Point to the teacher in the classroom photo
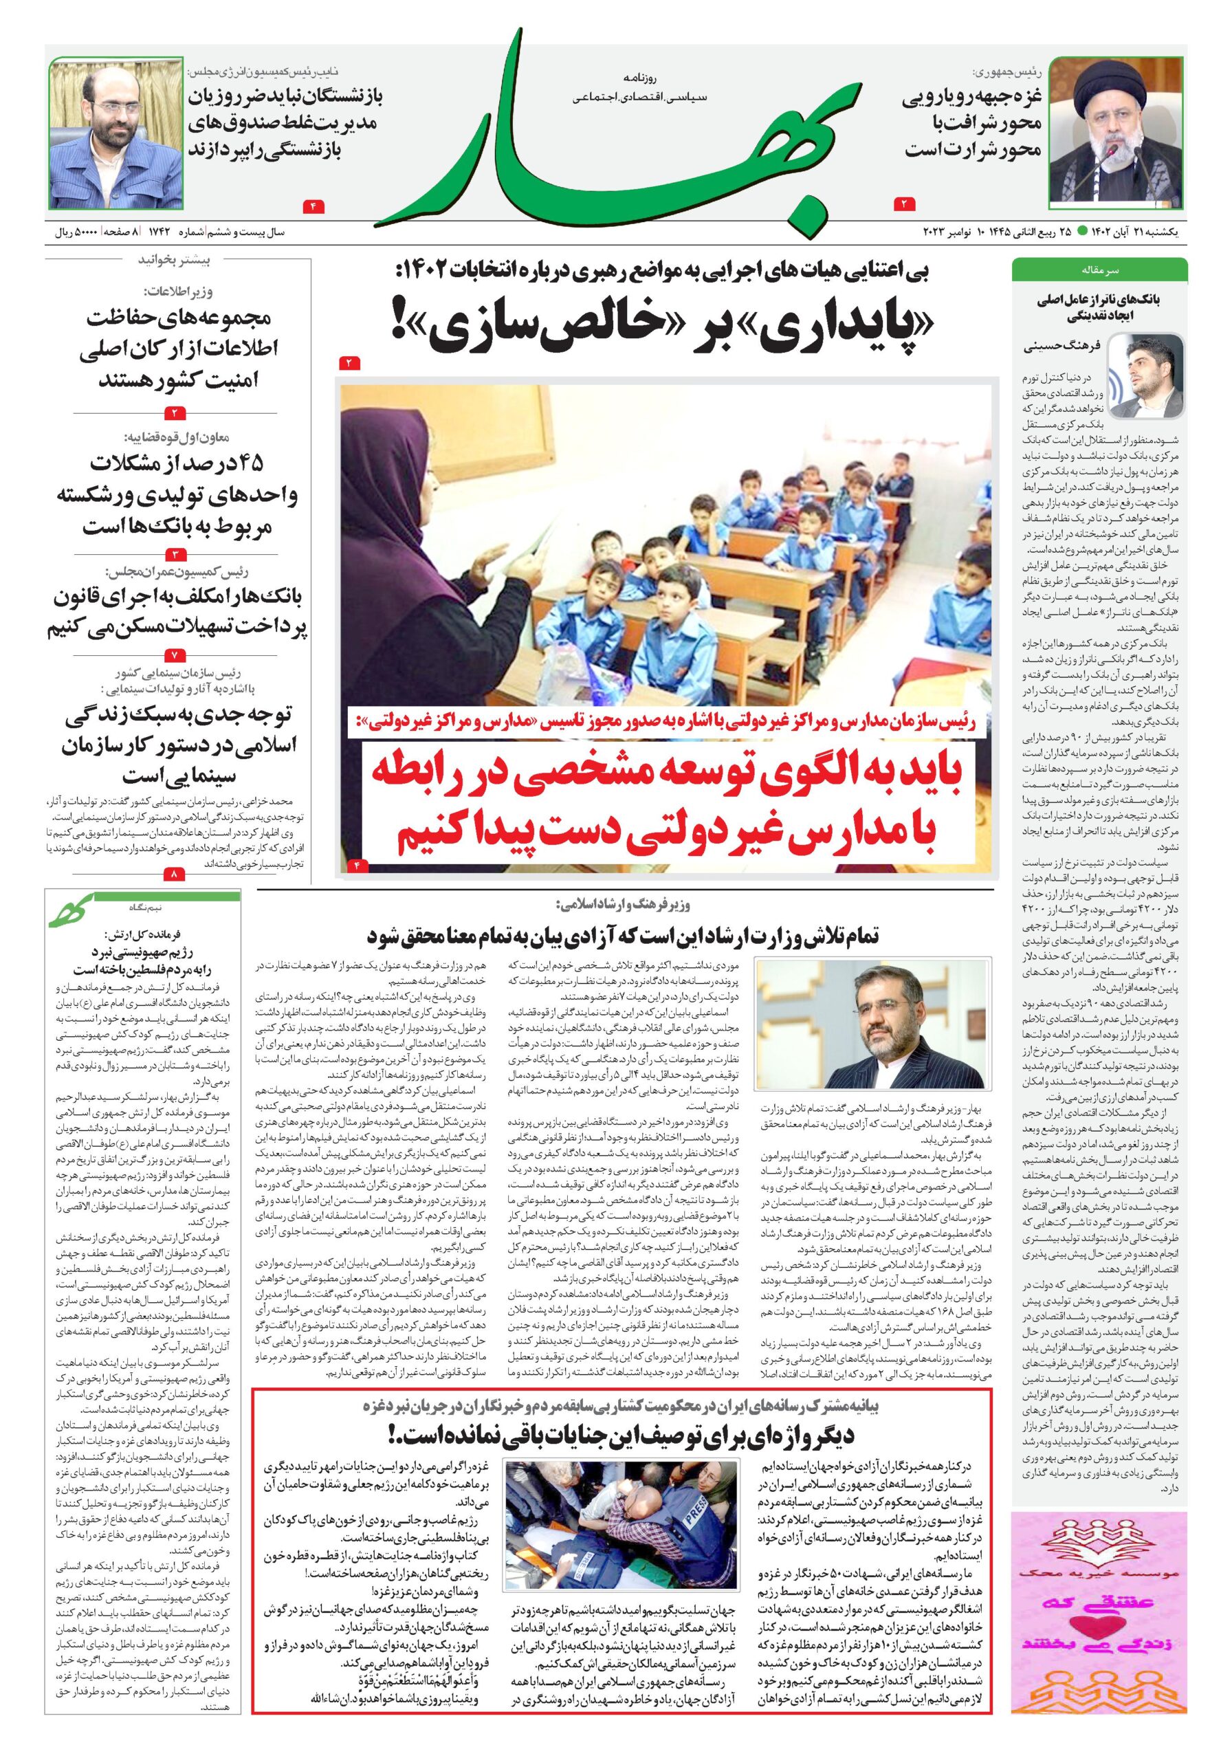point(429,536)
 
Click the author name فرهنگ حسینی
point(1061,346)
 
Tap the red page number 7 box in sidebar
point(175,655)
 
